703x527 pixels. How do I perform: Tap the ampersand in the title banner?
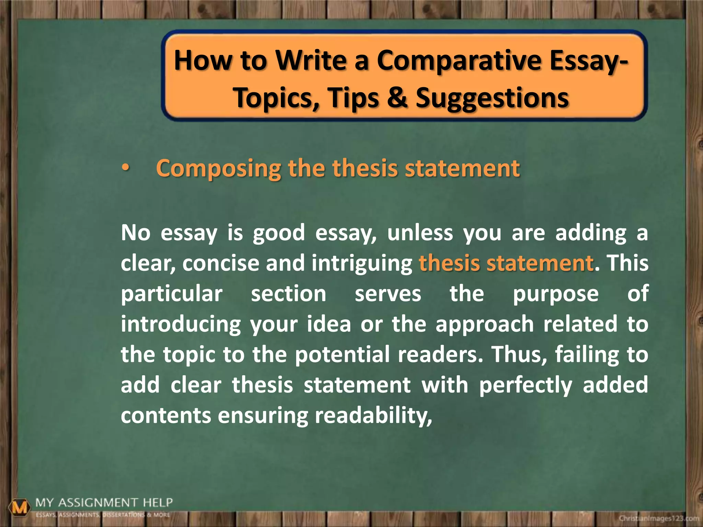pyautogui.click(x=397, y=98)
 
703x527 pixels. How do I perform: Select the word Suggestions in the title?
pyautogui.click(x=492, y=98)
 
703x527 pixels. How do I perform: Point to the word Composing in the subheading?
pyautogui.click(x=218, y=169)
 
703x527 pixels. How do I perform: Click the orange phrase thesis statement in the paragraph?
pyautogui.click(x=506, y=263)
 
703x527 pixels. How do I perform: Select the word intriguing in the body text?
pyautogui.click(x=362, y=263)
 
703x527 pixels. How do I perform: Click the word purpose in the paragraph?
pyautogui.click(x=556, y=294)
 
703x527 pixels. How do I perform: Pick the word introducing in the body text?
pyautogui.click(x=181, y=324)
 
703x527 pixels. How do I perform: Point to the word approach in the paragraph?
pyautogui.click(x=485, y=324)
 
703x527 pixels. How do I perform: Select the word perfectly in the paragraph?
pyautogui.click(x=526, y=385)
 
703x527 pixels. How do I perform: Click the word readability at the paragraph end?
pyautogui.click(x=373, y=415)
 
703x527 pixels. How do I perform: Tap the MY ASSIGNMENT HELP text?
pyautogui.click(x=104, y=503)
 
